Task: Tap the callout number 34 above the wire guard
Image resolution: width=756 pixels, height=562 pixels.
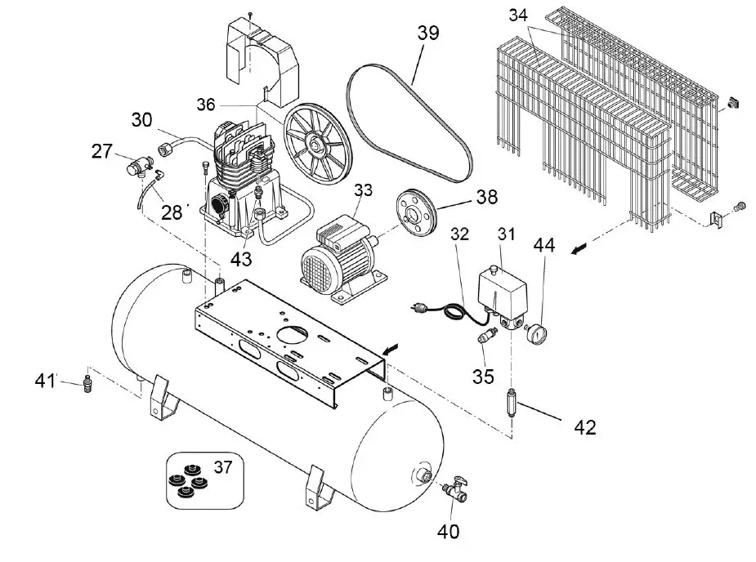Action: click(x=518, y=16)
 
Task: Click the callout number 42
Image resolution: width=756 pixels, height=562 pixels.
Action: click(x=585, y=426)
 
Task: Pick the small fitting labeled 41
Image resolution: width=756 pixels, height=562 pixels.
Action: click(x=88, y=385)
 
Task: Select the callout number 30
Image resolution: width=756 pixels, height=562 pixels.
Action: click(x=142, y=120)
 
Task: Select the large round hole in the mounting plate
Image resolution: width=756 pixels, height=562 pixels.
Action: click(x=300, y=334)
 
